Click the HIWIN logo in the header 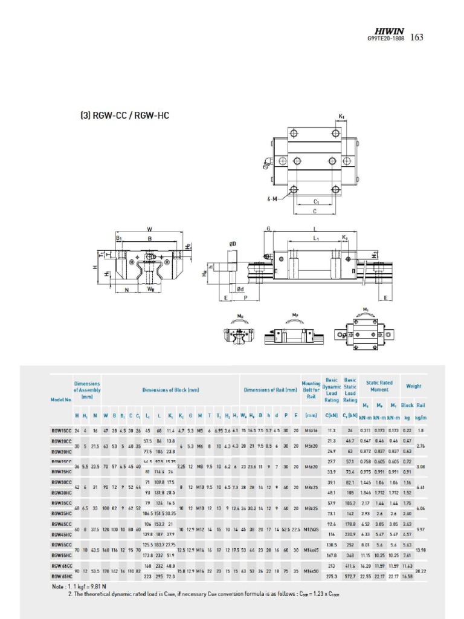click(390, 30)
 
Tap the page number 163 click(417, 37)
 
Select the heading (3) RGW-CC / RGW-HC click(126, 114)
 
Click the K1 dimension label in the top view click(341, 116)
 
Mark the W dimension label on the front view click(149, 228)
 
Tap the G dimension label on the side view click(268, 228)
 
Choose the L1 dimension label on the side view click(315, 239)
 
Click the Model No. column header click(61, 399)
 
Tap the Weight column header click(414, 386)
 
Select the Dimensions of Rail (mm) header click(270, 390)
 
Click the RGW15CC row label click(61, 430)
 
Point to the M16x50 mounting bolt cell click(311, 571)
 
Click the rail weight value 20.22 click(421, 571)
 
